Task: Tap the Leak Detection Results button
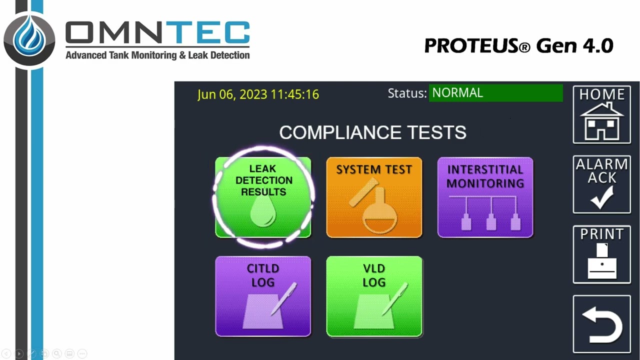(x=263, y=197)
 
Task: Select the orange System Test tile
(x=374, y=197)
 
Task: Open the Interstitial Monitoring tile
(x=485, y=197)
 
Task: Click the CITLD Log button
(x=263, y=296)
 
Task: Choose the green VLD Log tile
(x=374, y=296)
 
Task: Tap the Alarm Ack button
(x=601, y=184)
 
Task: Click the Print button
(x=601, y=254)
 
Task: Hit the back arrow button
(x=601, y=324)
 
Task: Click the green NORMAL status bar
(x=495, y=93)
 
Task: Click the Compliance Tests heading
(x=372, y=132)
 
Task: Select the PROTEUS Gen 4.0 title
(x=518, y=46)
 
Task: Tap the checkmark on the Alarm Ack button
(x=601, y=198)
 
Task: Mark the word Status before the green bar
(x=407, y=93)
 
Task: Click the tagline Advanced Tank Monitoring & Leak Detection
(x=157, y=55)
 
